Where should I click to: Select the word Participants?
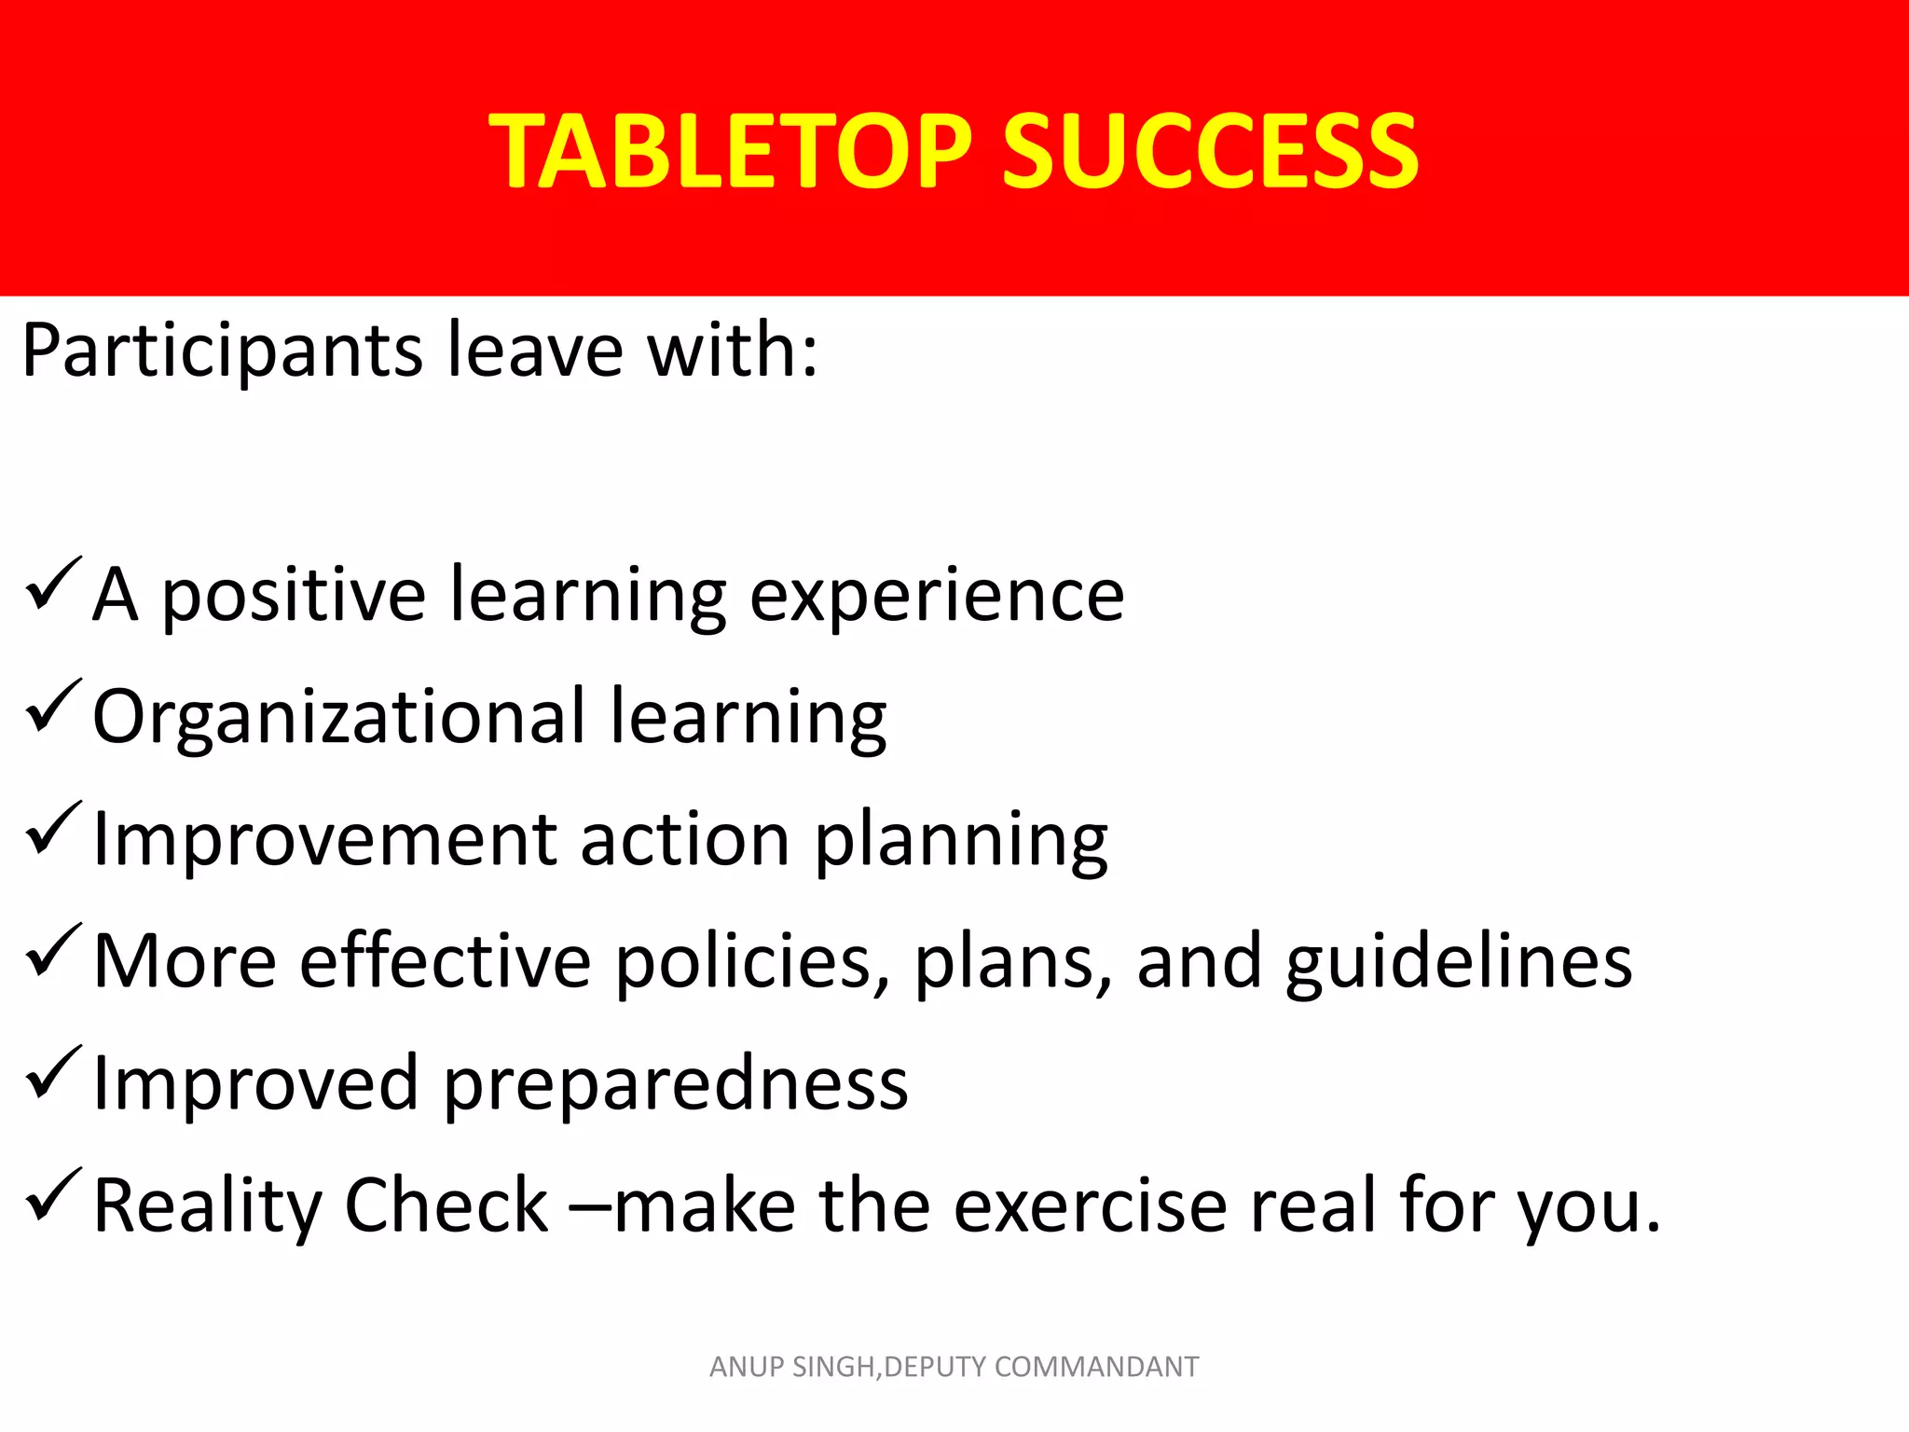coord(223,352)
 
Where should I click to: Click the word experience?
coord(938,597)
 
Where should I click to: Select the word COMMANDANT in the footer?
coord(1096,1367)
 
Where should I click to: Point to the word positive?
coord(295,597)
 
